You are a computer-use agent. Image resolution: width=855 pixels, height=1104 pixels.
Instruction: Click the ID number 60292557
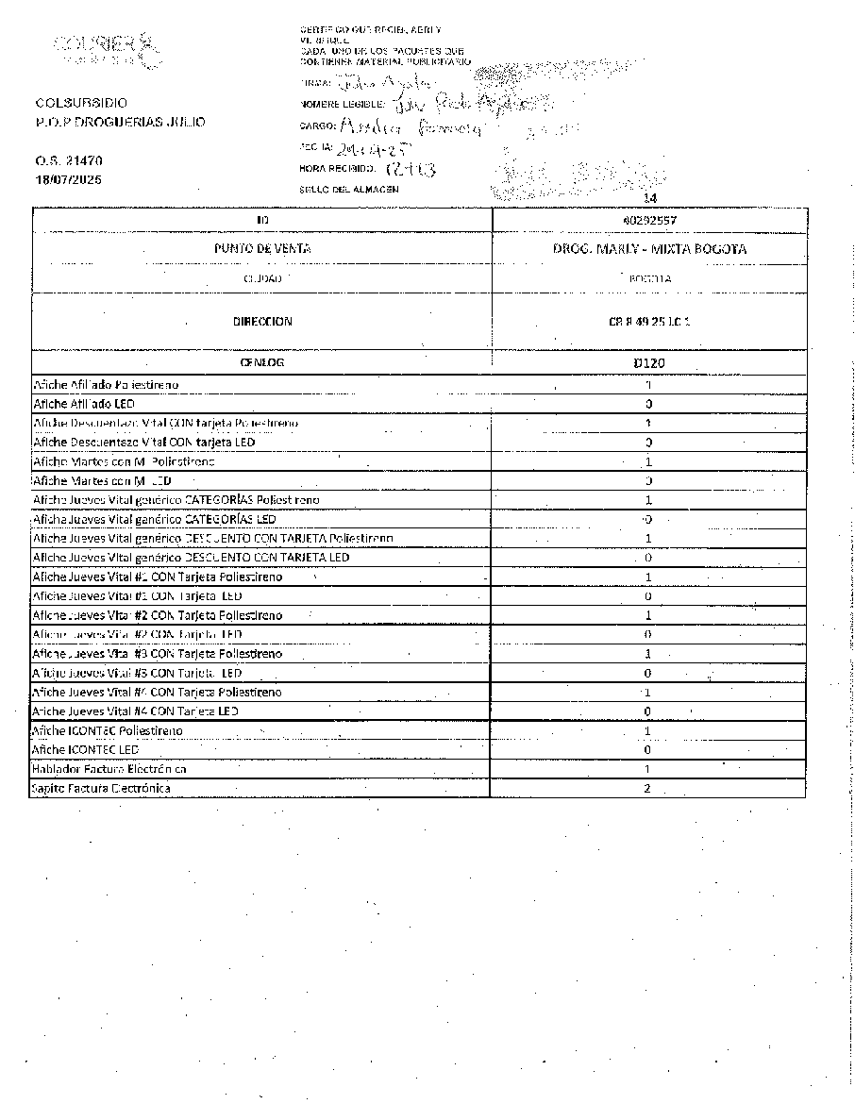click(648, 220)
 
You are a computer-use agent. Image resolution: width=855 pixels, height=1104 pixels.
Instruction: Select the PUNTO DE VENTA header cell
click(261, 249)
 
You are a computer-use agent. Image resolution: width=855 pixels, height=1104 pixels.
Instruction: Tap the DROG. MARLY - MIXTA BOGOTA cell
click(649, 249)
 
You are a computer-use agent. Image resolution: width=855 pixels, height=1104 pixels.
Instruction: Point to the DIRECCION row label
click(261, 322)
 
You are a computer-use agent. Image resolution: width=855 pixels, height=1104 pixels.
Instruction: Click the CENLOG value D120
click(648, 362)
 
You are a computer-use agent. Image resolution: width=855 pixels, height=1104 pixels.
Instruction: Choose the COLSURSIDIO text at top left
click(82, 102)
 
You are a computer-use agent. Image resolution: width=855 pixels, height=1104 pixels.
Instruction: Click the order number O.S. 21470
click(69, 161)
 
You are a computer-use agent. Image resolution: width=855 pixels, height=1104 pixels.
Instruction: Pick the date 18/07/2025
click(69, 179)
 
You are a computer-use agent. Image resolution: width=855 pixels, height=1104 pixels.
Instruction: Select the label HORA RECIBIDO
click(337, 169)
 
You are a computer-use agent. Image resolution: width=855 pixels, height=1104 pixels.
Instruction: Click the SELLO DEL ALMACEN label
click(348, 189)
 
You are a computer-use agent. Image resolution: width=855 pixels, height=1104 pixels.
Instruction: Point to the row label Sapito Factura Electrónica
click(101, 789)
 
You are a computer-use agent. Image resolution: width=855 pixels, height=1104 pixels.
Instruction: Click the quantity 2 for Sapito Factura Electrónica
click(647, 789)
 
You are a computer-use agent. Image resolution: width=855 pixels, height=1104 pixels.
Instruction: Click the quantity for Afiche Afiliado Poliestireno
click(648, 385)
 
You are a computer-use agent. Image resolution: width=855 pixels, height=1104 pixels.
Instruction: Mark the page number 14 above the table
click(648, 198)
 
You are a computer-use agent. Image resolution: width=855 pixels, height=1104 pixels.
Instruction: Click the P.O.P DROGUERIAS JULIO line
click(120, 123)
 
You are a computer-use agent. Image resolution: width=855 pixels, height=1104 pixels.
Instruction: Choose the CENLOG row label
click(261, 362)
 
